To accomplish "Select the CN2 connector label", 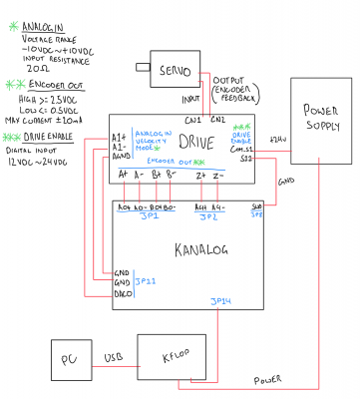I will tap(219, 120).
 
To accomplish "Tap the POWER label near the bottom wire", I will tap(266, 379).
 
